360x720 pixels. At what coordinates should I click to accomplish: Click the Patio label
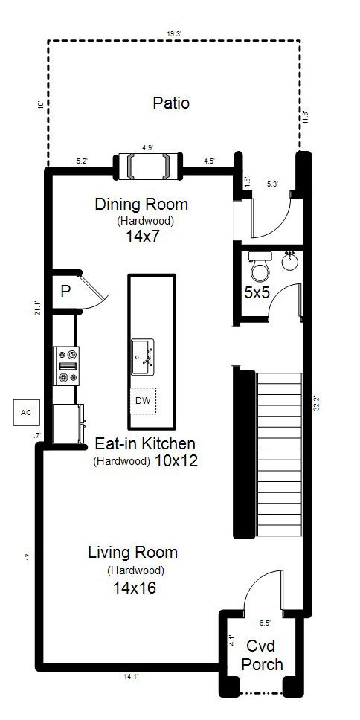[171, 103]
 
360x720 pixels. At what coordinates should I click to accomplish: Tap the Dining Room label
[141, 204]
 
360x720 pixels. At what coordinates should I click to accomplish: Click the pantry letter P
[65, 291]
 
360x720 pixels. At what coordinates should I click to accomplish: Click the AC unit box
[26, 412]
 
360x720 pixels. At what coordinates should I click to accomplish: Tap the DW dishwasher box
[144, 401]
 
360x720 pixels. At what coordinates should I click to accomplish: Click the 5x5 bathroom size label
[257, 293]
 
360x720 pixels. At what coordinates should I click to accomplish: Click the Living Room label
[132, 553]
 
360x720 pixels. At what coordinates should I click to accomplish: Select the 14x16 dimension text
[135, 588]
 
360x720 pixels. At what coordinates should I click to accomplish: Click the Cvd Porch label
[264, 655]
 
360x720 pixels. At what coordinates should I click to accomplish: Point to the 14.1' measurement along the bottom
[130, 676]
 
